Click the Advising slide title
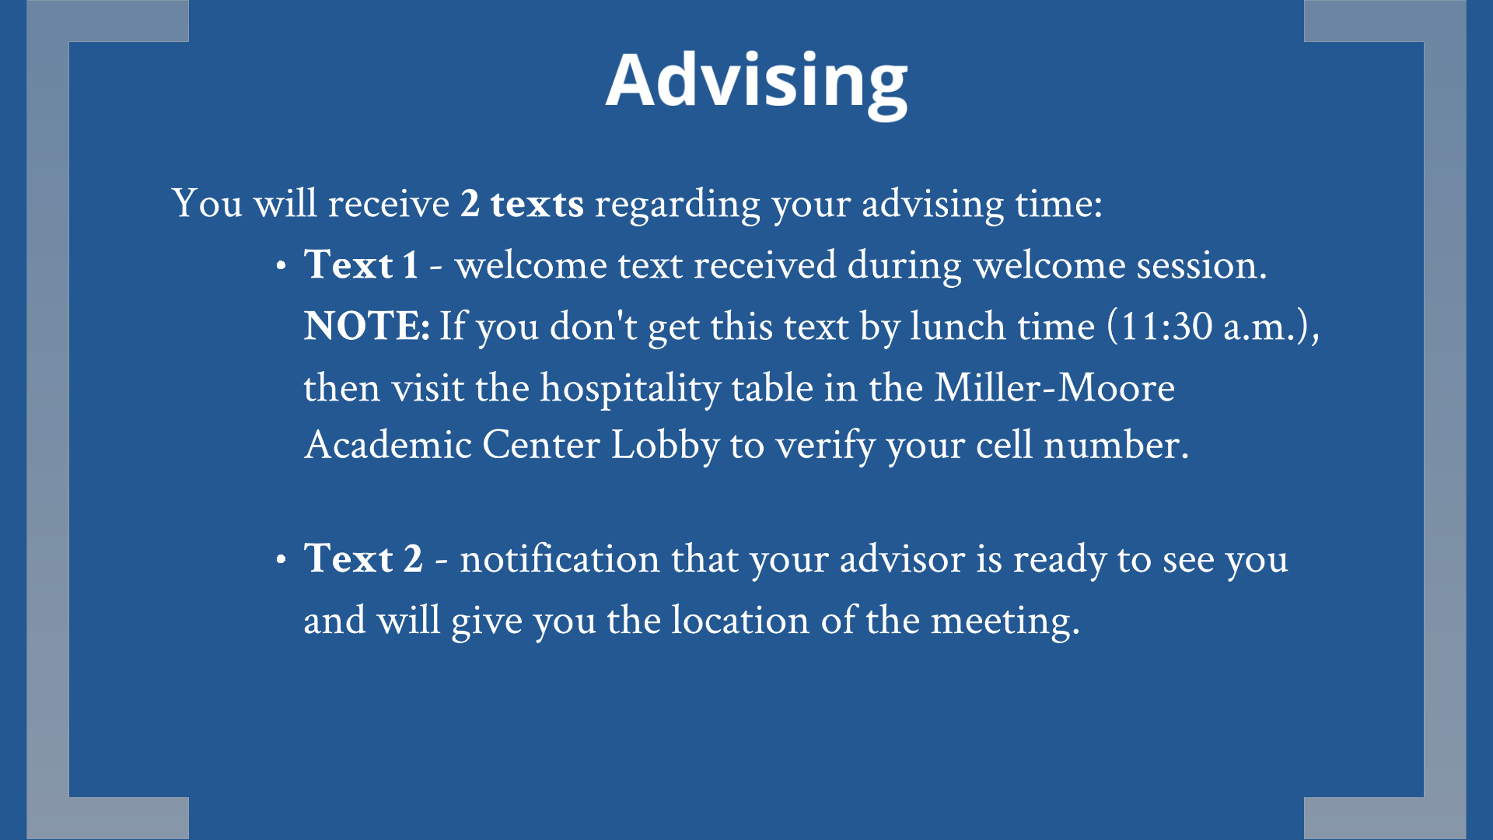pos(757,82)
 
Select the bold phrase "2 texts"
pos(522,204)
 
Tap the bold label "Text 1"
pos(362,264)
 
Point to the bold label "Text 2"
pos(363,558)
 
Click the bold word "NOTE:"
pos(366,326)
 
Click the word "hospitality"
pos(631,388)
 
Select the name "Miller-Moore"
pos(1054,387)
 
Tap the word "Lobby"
pos(665,446)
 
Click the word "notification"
pos(560,558)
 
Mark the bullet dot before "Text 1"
pos(281,266)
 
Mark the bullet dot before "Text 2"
pos(281,560)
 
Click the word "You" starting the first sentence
pos(207,204)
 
